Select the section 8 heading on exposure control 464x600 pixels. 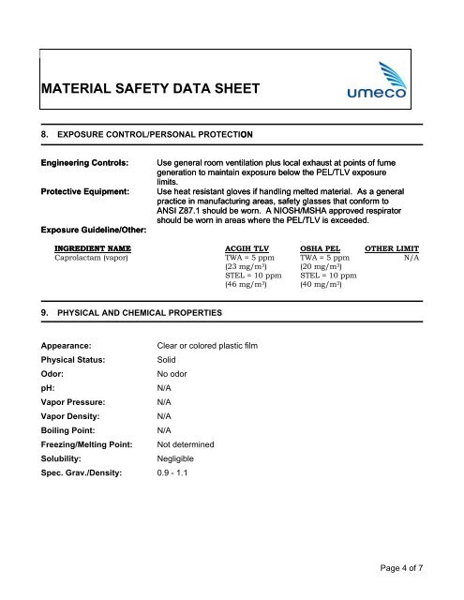click(x=164, y=135)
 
